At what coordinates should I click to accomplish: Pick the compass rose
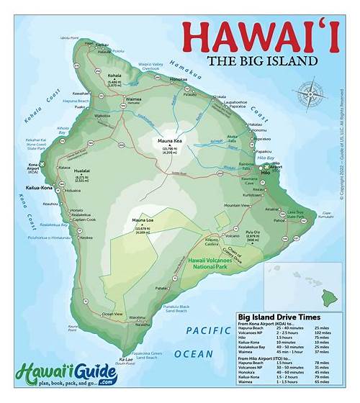310,93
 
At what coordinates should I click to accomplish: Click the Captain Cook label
84,219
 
